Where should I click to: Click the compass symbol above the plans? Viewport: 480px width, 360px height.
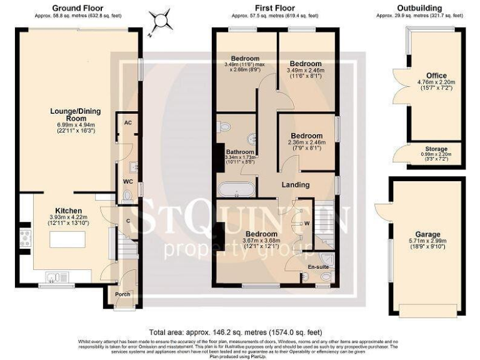click(164, 21)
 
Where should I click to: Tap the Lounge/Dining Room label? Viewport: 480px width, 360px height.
click(76, 116)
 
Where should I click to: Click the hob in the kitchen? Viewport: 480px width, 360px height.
click(26, 238)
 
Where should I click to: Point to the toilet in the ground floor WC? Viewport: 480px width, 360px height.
click(127, 196)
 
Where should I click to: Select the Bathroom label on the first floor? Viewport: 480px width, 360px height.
click(240, 152)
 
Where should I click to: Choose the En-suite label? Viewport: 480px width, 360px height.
click(317, 266)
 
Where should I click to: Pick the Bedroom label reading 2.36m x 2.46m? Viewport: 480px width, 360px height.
click(305, 136)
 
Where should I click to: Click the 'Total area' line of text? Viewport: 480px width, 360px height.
click(236, 332)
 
